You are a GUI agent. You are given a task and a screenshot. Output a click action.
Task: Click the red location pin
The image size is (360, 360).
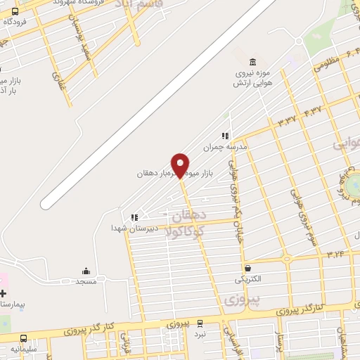click(x=180, y=164)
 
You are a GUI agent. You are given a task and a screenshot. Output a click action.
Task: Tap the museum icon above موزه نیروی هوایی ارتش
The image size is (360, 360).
click(x=253, y=61)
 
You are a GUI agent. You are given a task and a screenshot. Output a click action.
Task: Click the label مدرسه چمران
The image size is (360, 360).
click(x=217, y=148)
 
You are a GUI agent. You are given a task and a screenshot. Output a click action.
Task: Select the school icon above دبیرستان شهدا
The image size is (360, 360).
click(x=134, y=217)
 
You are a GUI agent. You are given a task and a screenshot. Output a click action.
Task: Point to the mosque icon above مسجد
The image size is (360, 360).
click(x=86, y=271)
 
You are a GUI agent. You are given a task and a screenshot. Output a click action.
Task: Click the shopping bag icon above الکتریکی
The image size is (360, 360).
click(x=247, y=268)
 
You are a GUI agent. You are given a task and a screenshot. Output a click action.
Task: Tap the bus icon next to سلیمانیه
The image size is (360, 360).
click(x=24, y=338)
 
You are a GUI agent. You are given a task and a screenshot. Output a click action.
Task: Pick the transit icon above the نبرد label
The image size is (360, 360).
click(x=199, y=323)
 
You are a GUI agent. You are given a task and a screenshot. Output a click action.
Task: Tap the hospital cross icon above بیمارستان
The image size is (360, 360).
click(x=4, y=292)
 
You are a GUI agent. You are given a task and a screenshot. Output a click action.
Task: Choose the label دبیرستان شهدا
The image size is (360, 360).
click(x=134, y=229)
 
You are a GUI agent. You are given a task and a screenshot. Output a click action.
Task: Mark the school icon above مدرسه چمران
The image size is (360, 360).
click(x=225, y=136)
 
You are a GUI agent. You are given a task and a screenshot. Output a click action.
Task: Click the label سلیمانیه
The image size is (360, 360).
click(x=25, y=349)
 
